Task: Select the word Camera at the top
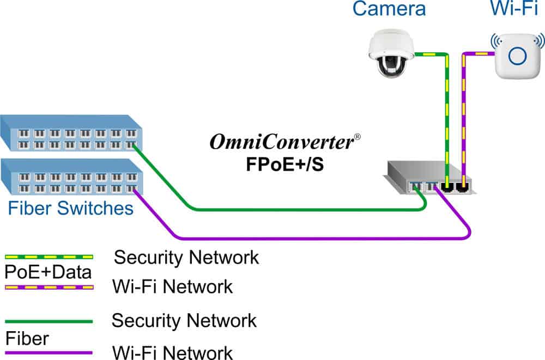(389, 9)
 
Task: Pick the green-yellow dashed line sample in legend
(49, 255)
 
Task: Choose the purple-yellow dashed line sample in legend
(49, 286)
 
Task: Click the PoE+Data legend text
(49, 271)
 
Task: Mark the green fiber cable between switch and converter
(272, 209)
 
